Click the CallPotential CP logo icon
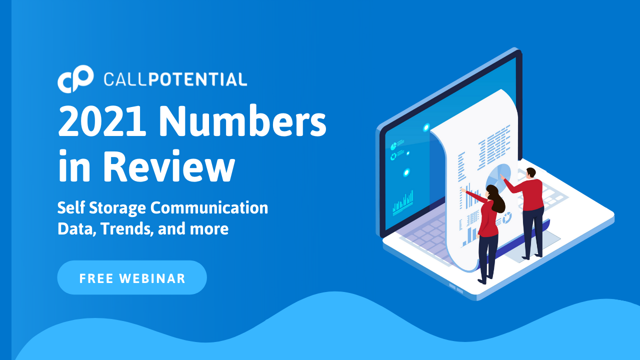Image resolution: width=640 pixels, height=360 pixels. click(x=75, y=79)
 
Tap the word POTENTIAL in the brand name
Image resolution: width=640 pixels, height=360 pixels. click(x=197, y=79)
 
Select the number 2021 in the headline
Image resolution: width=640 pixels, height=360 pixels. click(x=102, y=121)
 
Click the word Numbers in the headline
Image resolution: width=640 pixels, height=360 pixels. click(x=242, y=120)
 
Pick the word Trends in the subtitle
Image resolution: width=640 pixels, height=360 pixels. click(x=125, y=229)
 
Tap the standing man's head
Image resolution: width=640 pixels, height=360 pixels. click(x=531, y=173)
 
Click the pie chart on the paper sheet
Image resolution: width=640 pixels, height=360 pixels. click(x=498, y=176)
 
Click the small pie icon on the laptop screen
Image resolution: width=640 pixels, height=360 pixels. click(x=393, y=146)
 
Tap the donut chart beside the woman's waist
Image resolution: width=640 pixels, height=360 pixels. click(x=507, y=217)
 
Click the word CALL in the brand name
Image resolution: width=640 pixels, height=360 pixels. click(x=125, y=79)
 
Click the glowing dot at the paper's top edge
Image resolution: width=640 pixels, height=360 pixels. click(x=426, y=127)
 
